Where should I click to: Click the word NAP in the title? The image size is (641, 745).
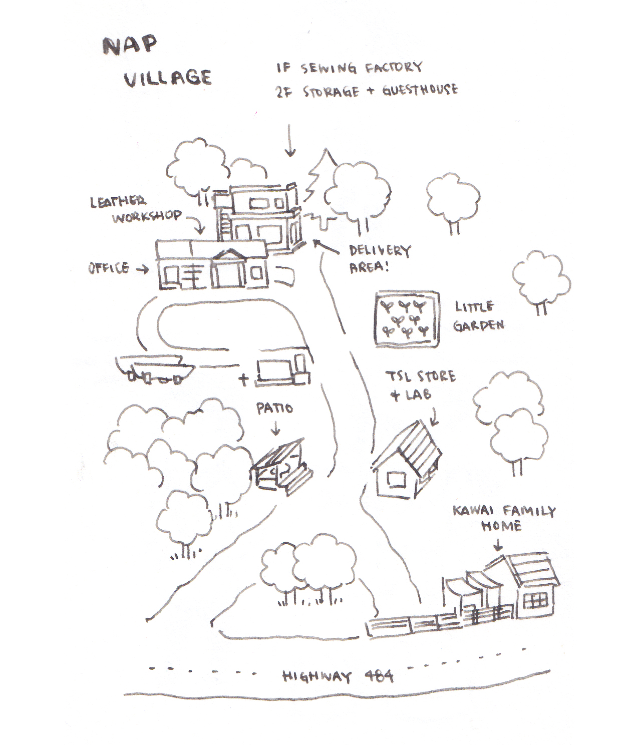coord(130,45)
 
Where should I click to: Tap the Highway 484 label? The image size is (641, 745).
coord(338,677)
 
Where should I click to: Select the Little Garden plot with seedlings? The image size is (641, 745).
coord(407,318)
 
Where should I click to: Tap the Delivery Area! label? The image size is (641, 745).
coord(379,258)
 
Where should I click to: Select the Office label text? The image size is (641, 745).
coord(109,268)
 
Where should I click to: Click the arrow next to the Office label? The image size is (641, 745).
coord(143,269)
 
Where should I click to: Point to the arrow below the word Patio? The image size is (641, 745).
coord(275,428)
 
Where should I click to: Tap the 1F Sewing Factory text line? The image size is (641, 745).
coord(349,68)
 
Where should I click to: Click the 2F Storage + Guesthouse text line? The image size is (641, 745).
coord(366,91)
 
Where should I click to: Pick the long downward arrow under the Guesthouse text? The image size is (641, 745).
coord(290,140)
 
